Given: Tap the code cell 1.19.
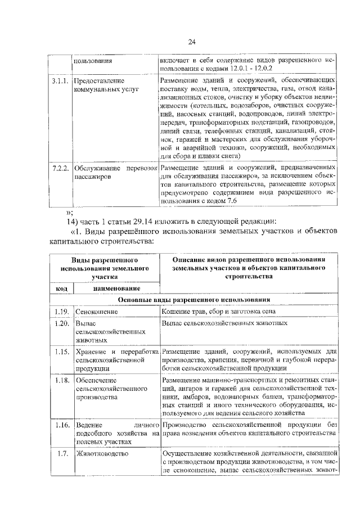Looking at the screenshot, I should pyautogui.click(x=61, y=311).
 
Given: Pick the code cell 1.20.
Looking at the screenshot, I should pyautogui.click(x=61, y=323).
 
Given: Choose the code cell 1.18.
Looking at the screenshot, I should pyautogui.click(x=61, y=380).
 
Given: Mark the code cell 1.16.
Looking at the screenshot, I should pyautogui.click(x=61, y=424).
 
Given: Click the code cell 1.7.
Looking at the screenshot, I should pyautogui.click(x=62, y=453).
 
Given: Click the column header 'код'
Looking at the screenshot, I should pyautogui.click(x=61, y=289).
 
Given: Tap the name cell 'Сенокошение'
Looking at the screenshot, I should pyautogui.click(x=97, y=311).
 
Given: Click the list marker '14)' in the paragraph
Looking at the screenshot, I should pyautogui.click(x=73, y=220).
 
